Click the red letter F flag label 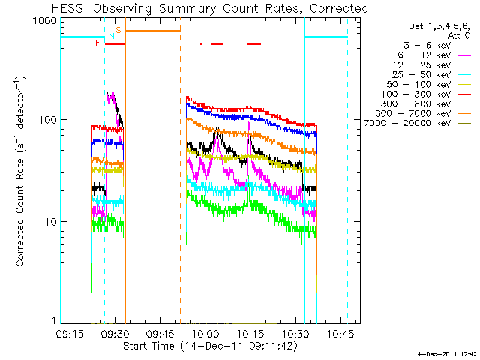click(x=97, y=43)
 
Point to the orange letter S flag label click(x=118, y=29)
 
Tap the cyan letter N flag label click(x=112, y=36)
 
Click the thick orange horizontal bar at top click(x=152, y=31)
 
